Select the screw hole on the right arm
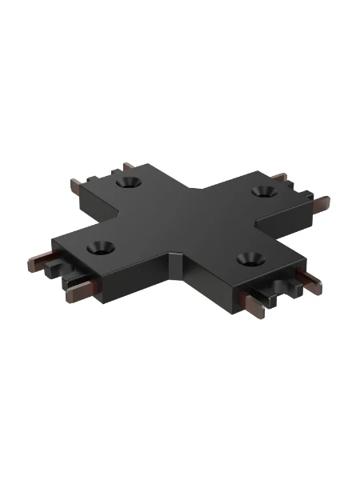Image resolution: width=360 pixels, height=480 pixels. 260,191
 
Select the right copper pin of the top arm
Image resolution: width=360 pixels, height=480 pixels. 128,166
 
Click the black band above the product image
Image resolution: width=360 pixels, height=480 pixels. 180,28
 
